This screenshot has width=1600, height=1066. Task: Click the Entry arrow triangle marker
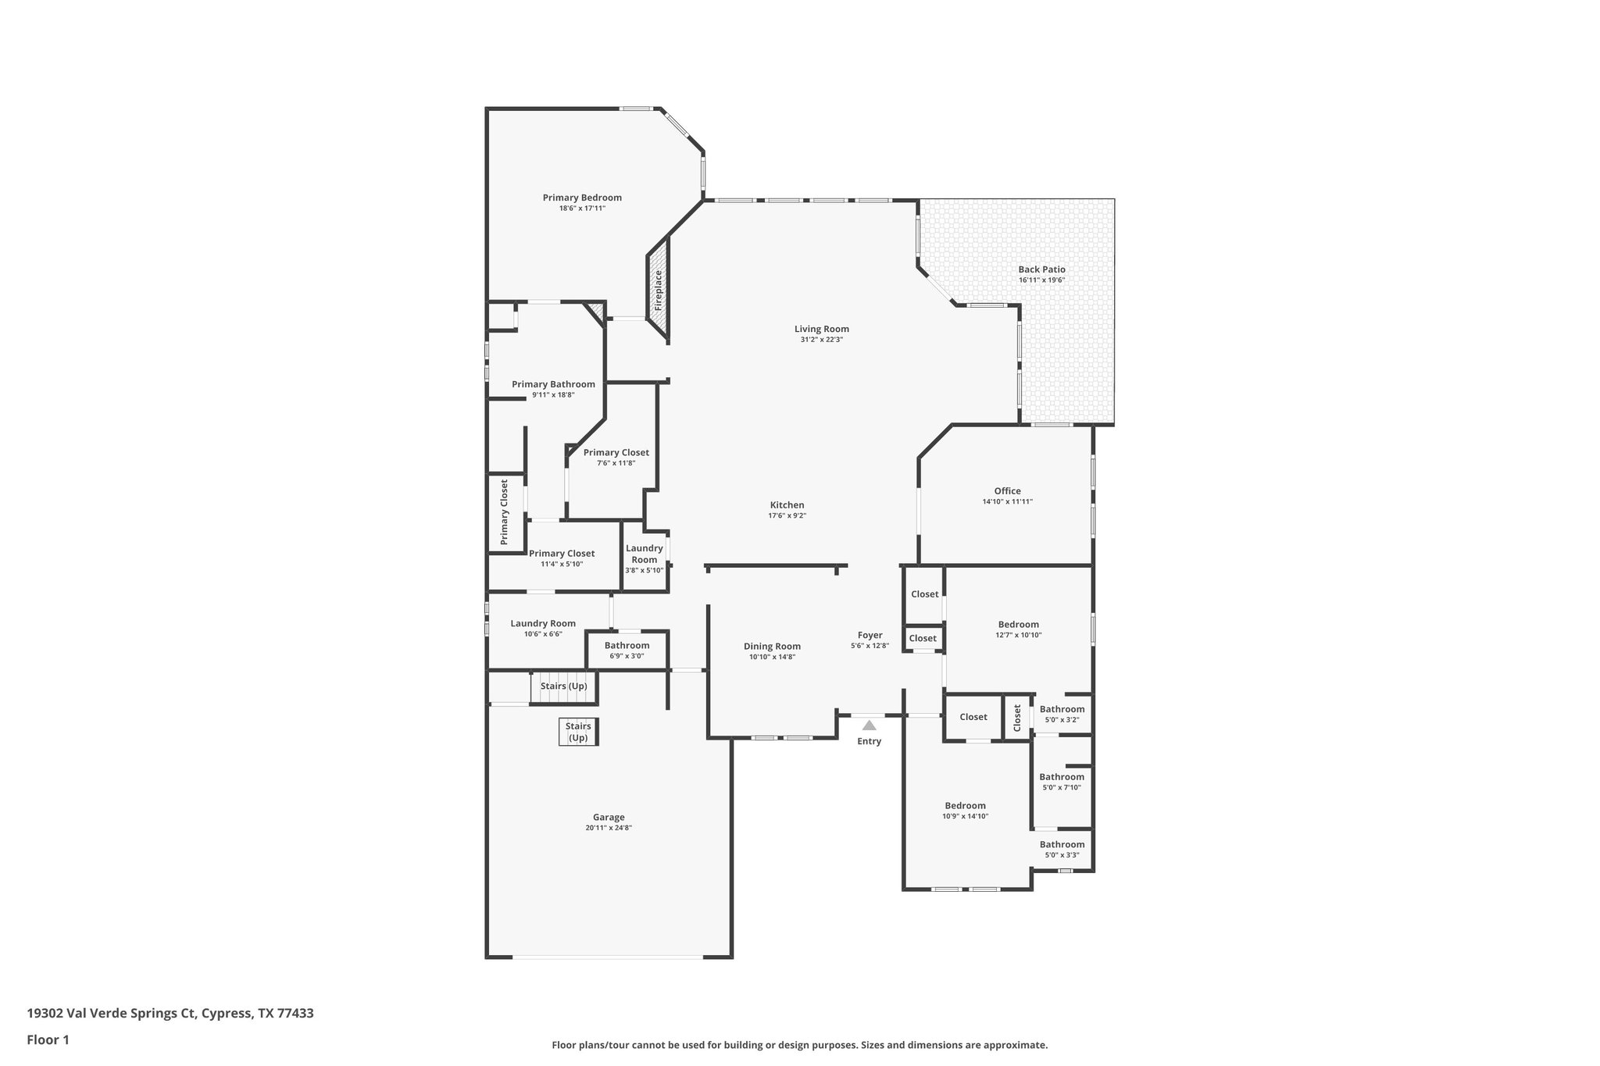(869, 725)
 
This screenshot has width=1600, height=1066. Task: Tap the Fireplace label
(658, 291)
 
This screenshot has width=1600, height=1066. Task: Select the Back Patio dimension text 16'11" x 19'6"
(1041, 280)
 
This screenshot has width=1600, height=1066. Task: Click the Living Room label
(822, 329)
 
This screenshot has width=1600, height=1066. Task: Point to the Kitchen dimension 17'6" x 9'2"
(787, 515)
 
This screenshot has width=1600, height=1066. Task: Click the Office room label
(1008, 491)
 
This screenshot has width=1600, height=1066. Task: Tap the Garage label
(609, 817)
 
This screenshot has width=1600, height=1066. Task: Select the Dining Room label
(772, 646)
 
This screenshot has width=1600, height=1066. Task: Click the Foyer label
(870, 636)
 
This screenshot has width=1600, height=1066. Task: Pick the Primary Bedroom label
(582, 198)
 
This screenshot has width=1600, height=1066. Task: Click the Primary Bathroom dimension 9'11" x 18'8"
(553, 395)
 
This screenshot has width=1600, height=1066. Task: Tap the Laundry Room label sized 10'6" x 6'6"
(543, 623)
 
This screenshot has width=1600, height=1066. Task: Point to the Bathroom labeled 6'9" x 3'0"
(627, 645)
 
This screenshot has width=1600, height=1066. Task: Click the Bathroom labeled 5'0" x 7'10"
(1062, 777)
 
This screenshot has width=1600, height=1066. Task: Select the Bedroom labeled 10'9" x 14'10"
(965, 806)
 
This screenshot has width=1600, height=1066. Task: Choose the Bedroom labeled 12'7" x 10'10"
(1019, 625)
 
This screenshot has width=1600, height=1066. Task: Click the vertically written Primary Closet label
(504, 512)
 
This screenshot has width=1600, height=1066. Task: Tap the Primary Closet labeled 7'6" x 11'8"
(616, 452)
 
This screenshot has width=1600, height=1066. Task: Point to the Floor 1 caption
(48, 1040)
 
